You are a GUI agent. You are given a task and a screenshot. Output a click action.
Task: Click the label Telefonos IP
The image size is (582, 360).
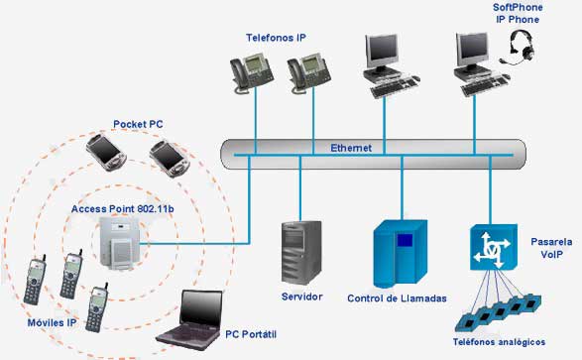coord(277,37)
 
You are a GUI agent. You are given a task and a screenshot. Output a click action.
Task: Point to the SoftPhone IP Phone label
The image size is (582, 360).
coord(518,14)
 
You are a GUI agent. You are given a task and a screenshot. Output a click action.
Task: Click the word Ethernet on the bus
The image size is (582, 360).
coord(351,148)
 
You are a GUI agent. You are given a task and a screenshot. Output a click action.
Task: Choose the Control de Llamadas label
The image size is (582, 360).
coord(398,299)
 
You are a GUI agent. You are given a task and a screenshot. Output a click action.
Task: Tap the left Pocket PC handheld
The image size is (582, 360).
coord(105,152)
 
